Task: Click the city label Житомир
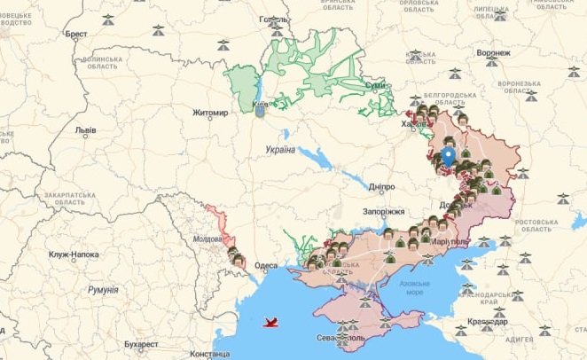tap(210, 113)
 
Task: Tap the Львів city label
tap(85, 129)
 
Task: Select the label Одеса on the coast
tap(265, 265)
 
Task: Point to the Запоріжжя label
tap(383, 212)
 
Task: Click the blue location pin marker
tap(449, 157)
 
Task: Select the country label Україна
tap(280, 150)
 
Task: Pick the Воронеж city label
tap(493, 53)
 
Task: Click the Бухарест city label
tap(141, 343)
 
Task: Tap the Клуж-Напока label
tap(74, 254)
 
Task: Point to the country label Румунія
tap(103, 290)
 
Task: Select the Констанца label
tap(209, 354)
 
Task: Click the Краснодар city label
tap(488, 322)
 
